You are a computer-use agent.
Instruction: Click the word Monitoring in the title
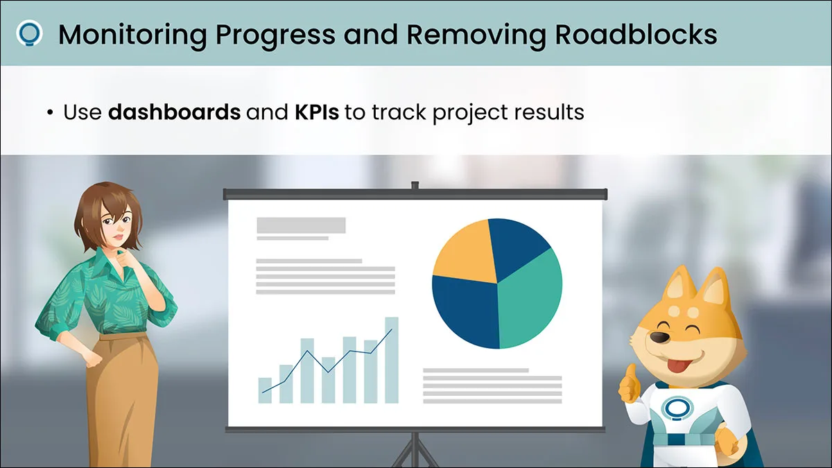132,35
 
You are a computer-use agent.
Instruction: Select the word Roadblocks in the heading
636,35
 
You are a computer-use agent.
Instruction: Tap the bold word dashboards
174,112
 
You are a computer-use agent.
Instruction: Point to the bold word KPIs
317,112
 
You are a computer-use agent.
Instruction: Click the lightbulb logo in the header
29,34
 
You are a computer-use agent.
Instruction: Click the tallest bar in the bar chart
392,360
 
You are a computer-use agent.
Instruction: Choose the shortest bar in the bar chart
265,390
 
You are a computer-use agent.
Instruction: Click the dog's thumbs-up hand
630,384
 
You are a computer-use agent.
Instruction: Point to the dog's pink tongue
678,366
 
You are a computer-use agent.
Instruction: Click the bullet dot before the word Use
50,112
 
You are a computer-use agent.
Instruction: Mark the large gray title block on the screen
301,225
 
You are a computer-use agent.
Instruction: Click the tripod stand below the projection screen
415,451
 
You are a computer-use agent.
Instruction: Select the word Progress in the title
275,35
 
